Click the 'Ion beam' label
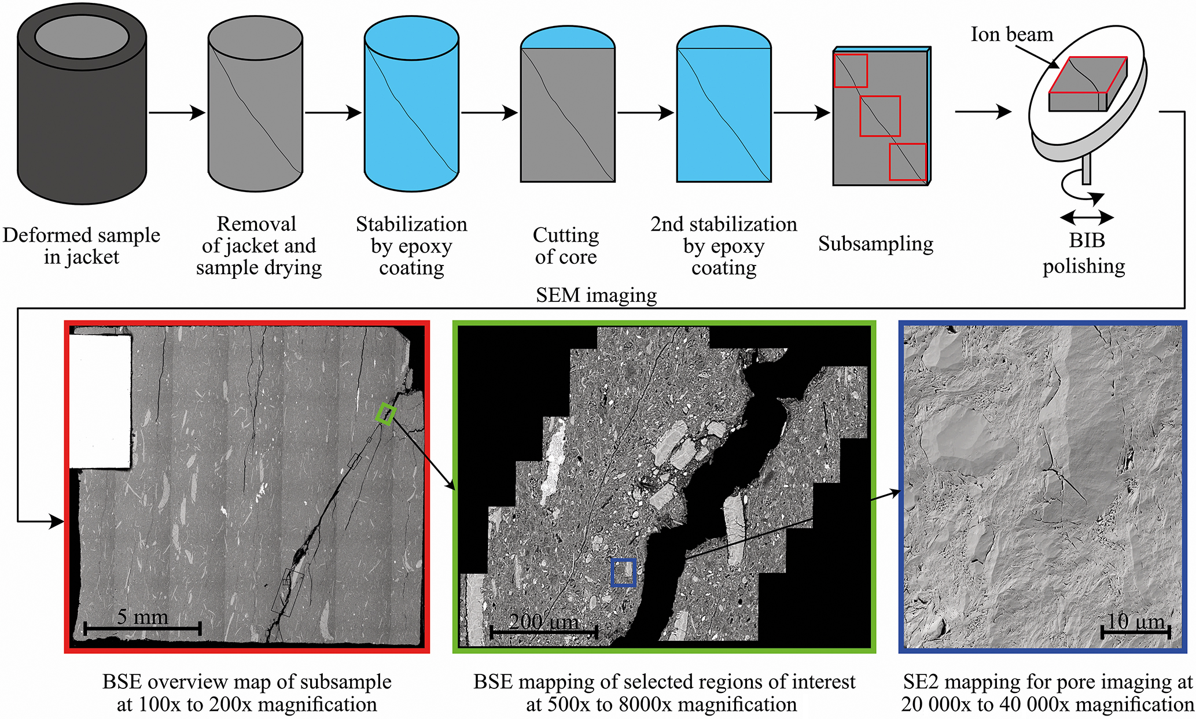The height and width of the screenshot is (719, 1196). (1011, 35)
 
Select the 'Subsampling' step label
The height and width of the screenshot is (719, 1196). (875, 244)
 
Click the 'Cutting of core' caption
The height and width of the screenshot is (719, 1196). (566, 246)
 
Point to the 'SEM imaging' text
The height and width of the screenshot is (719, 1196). (596, 296)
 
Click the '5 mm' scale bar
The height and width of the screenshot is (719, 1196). (142, 628)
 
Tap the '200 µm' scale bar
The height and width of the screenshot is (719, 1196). (544, 632)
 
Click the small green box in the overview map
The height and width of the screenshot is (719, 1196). (385, 415)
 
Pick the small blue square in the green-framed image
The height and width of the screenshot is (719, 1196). (623, 573)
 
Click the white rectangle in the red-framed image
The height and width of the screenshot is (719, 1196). (100, 401)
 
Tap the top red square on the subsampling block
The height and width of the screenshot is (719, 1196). (851, 71)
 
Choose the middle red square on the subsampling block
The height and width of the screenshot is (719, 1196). (880, 116)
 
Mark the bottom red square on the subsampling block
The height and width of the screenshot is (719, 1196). (907, 162)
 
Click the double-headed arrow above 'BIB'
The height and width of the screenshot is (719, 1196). (1086, 217)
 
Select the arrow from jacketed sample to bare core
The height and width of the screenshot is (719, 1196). (176, 112)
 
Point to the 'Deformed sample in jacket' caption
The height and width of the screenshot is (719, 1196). (82, 246)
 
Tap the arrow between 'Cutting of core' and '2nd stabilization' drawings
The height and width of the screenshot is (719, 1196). (645, 112)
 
